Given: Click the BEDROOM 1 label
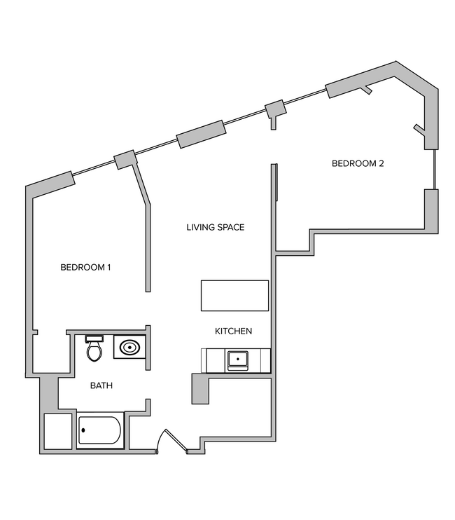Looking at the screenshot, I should pyautogui.click(x=85, y=267).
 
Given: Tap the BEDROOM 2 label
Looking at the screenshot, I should pyautogui.click(x=358, y=164).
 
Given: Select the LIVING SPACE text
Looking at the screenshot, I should pyautogui.click(x=215, y=227).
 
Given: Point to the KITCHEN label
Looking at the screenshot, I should pyautogui.click(x=233, y=331).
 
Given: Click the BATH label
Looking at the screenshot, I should pyautogui.click(x=101, y=385).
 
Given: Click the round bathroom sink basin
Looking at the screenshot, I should pyautogui.click(x=129, y=347).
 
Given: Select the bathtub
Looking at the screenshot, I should pyautogui.click(x=100, y=430).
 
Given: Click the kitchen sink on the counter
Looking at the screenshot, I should pyautogui.click(x=237, y=360).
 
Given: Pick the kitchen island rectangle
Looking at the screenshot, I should pyautogui.click(x=235, y=295).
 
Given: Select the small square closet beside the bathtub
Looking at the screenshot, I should pyautogui.click(x=57, y=431).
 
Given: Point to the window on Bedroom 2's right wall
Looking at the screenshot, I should pyautogui.click(x=434, y=169).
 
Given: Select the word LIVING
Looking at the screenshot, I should pyautogui.click(x=199, y=227).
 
